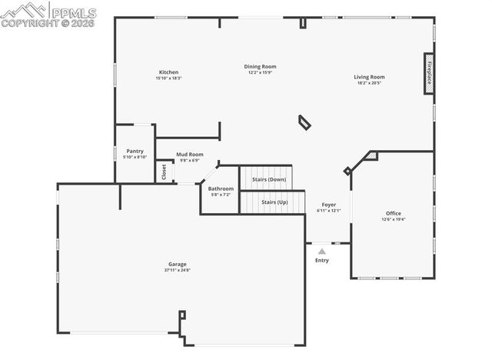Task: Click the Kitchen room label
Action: point(168,72)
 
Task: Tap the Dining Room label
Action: point(260,66)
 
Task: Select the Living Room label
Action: point(369,76)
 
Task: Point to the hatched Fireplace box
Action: point(428,74)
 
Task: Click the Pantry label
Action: point(135,151)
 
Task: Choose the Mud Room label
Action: point(189,154)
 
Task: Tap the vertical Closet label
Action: point(164,172)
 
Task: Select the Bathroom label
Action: point(221,188)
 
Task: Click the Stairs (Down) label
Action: point(268,179)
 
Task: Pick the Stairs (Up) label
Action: point(274,202)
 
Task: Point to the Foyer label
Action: point(328,205)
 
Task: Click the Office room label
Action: point(393,213)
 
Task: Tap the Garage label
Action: point(178,264)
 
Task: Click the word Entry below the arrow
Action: point(321,260)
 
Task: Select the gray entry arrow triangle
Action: point(321,251)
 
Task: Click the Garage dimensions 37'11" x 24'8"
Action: point(178,270)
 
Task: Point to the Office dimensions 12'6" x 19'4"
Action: point(393,219)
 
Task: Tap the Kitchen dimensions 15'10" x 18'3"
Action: point(168,78)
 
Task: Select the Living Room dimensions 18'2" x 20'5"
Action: point(369,82)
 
